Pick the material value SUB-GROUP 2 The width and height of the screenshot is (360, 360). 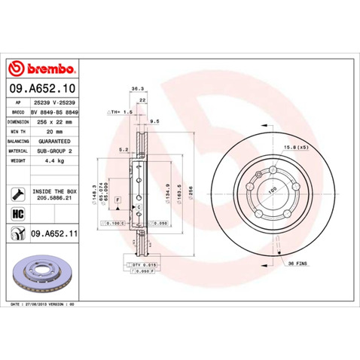coord(58,150)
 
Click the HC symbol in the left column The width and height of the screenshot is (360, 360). coord(17,214)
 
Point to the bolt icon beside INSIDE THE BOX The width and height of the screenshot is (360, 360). coord(17,194)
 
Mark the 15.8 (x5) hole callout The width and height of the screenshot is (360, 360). coord(294,147)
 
